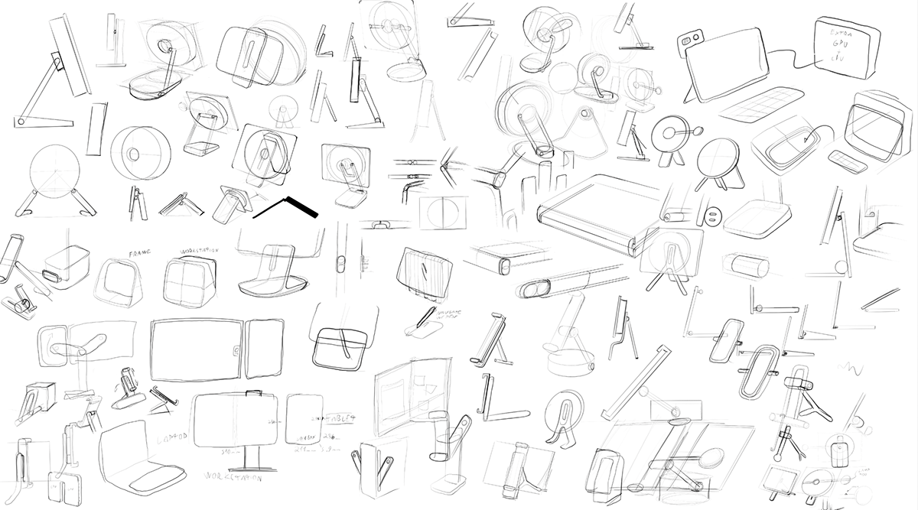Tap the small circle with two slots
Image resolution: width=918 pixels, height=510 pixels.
click(x=712, y=216)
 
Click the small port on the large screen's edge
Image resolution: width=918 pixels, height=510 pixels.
click(x=236, y=352)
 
